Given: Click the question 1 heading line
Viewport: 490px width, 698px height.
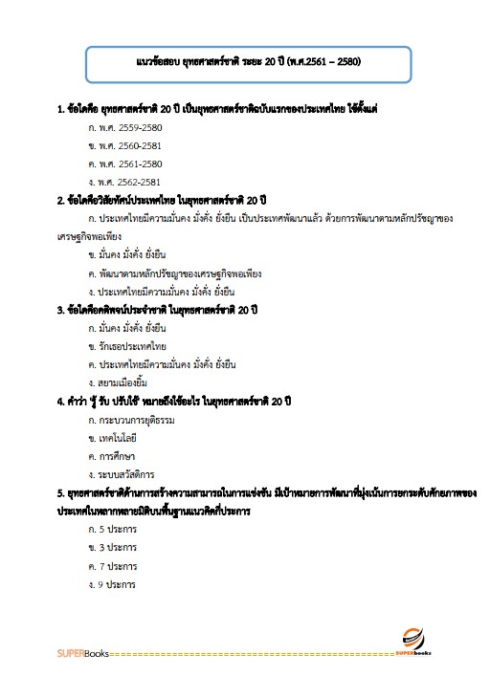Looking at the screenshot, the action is pyautogui.click(x=222, y=109).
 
